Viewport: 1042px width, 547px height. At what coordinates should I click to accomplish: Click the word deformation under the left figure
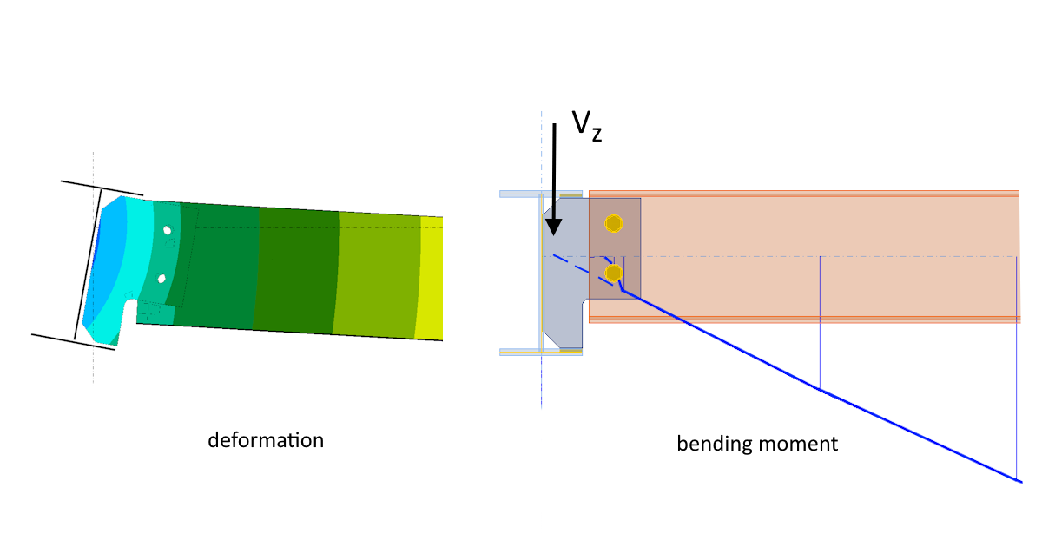(266, 440)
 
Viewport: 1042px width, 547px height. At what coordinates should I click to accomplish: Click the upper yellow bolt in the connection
(614, 224)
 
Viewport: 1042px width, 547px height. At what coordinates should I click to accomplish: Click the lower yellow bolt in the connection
(614, 274)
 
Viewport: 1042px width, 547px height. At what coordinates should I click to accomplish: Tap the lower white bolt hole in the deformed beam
(162, 279)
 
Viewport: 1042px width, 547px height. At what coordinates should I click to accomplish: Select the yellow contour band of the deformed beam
(431, 278)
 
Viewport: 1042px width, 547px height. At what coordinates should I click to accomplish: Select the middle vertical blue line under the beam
(821, 322)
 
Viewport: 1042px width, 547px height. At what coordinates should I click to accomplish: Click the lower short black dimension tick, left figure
(73, 340)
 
